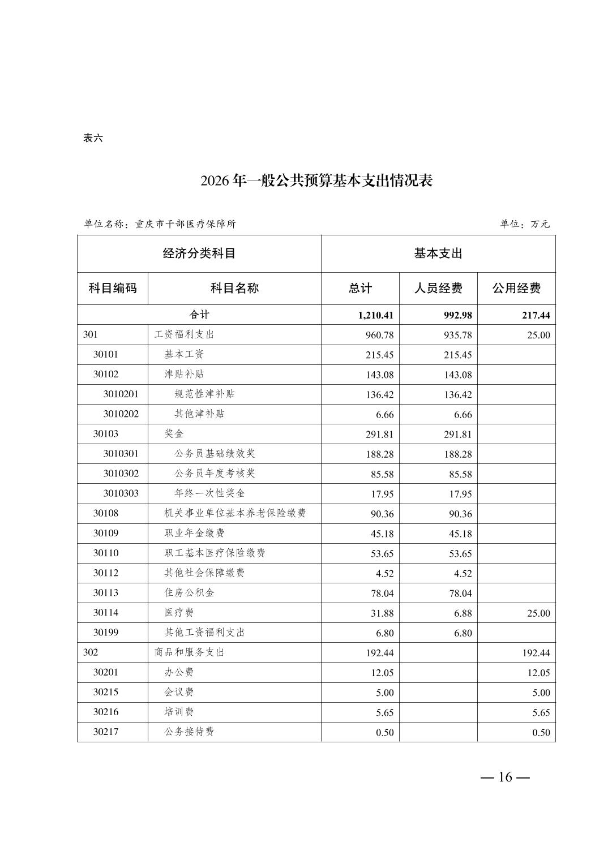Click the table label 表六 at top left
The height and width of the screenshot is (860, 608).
93,138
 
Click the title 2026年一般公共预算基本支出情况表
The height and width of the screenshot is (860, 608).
316,181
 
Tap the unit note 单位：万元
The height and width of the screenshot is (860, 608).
524,224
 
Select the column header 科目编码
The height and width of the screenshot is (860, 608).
113,288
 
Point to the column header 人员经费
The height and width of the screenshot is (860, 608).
438,288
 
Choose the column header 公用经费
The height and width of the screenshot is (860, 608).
516,288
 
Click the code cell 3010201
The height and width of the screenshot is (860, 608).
121,394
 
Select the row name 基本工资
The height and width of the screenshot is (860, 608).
184,355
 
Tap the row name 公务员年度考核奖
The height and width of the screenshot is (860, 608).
215,474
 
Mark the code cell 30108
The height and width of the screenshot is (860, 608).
106,513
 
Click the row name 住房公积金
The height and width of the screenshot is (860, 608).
189,593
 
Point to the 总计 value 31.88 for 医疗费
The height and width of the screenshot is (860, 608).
382,613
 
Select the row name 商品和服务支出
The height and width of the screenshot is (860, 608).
189,652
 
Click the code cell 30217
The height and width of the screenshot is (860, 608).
106,732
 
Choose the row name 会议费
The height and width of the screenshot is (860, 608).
179,693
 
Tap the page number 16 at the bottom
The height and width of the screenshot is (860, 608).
505,777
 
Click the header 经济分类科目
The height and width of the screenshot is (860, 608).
199,253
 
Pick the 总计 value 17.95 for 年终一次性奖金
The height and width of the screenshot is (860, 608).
382,494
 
